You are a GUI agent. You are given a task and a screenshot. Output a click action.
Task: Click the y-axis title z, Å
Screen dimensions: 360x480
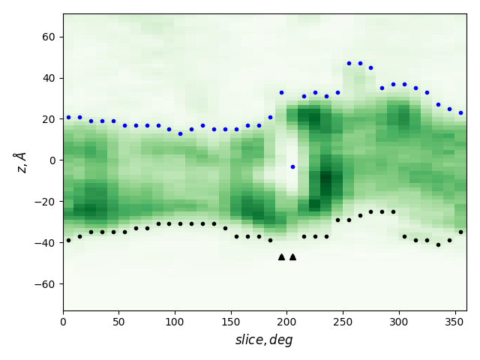[x=21, y=162]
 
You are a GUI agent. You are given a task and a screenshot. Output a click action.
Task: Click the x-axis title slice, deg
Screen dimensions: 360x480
[x=264, y=340]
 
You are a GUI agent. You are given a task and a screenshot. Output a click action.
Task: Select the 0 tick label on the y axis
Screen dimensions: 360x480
[x=53, y=160]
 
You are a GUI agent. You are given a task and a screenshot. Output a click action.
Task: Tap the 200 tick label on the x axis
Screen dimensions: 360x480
[x=286, y=322]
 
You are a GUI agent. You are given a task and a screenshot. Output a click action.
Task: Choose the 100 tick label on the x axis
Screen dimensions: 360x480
[x=175, y=322]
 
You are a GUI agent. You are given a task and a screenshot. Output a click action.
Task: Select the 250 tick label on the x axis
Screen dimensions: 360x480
[x=343, y=322]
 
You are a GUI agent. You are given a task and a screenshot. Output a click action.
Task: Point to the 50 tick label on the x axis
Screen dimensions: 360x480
[x=119, y=322]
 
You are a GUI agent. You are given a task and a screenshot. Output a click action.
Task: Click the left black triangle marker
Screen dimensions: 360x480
[x=281, y=256]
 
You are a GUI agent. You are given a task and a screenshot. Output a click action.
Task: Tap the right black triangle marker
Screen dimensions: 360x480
[x=292, y=256]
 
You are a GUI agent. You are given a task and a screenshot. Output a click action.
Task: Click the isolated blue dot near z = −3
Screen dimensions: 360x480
[x=292, y=166]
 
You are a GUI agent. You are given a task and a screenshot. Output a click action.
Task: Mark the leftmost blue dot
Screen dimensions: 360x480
[x=68, y=117]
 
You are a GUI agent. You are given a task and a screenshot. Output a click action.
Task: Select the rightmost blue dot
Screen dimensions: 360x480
[x=460, y=112]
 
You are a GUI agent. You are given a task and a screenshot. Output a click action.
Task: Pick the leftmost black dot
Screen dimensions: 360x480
[x=68, y=240]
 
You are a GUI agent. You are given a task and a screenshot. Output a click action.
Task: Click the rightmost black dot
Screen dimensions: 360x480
[x=460, y=232]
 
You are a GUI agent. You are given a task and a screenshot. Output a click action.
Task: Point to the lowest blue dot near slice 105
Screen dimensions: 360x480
[x=180, y=133]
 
